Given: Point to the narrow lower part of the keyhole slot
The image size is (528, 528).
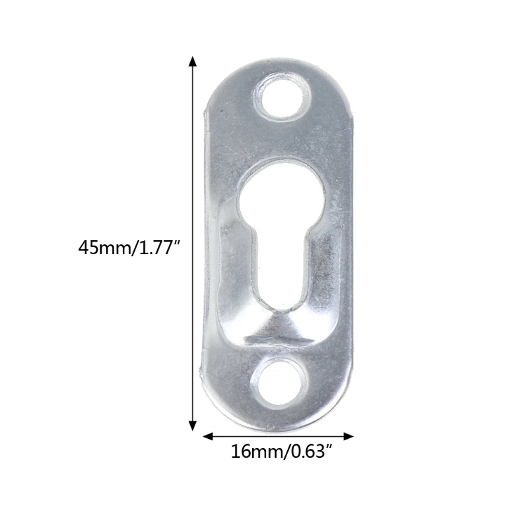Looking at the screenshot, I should tap(278, 271).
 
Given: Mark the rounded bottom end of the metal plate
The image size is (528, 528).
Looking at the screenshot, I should tap(277, 416).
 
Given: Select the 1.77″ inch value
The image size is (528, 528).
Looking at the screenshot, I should tap(158, 248).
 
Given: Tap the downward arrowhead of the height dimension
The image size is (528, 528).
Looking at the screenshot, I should tap(193, 426).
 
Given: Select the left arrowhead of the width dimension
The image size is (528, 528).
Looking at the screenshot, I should tap(207, 436).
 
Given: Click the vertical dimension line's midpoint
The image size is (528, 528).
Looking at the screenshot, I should tap(193, 244).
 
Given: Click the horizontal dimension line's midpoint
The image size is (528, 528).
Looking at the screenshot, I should tap(278, 436).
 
